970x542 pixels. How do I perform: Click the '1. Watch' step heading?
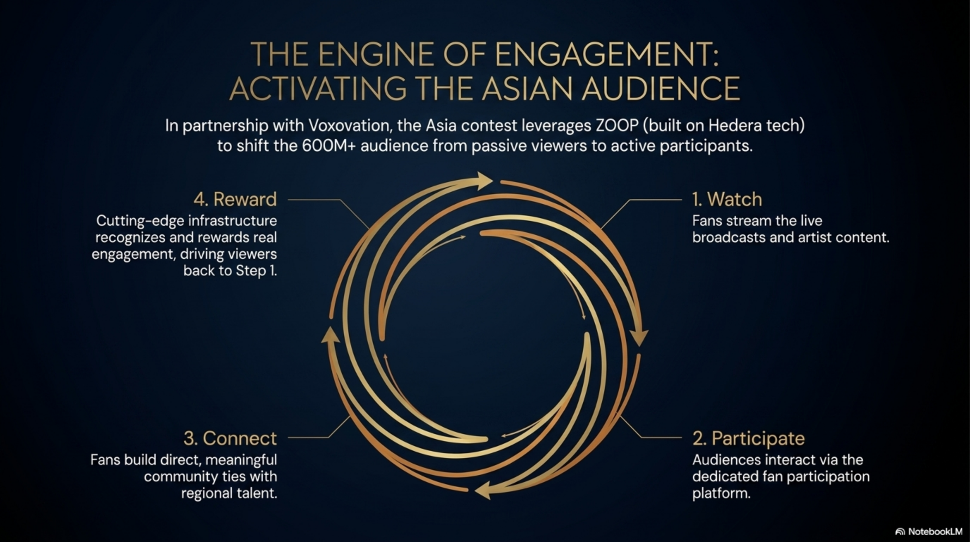pos(727,199)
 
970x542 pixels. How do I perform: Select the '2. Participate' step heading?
pos(748,438)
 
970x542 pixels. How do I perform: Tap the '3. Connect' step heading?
pos(230,438)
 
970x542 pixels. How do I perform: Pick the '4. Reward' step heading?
pos(235,199)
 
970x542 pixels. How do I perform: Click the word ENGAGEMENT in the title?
pos(606,55)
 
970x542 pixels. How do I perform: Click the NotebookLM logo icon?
pos(900,532)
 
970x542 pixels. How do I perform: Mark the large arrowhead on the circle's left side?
pos(330,335)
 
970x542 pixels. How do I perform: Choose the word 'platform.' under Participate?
pos(721,493)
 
